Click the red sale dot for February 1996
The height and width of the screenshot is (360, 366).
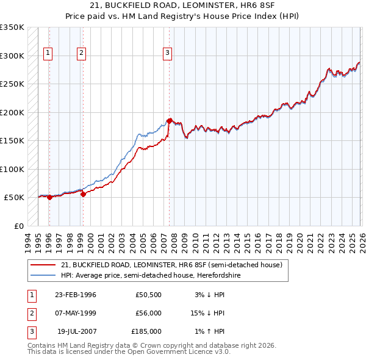pyautogui.click(x=49, y=197)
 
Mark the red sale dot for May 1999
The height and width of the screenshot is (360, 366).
pyautogui.click(x=83, y=194)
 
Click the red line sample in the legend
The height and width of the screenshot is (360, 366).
pyautogui.click(x=43, y=265)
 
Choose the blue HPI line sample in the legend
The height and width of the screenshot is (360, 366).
pyautogui.click(x=43, y=275)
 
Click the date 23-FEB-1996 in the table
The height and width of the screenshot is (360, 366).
pyautogui.click(x=76, y=295)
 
